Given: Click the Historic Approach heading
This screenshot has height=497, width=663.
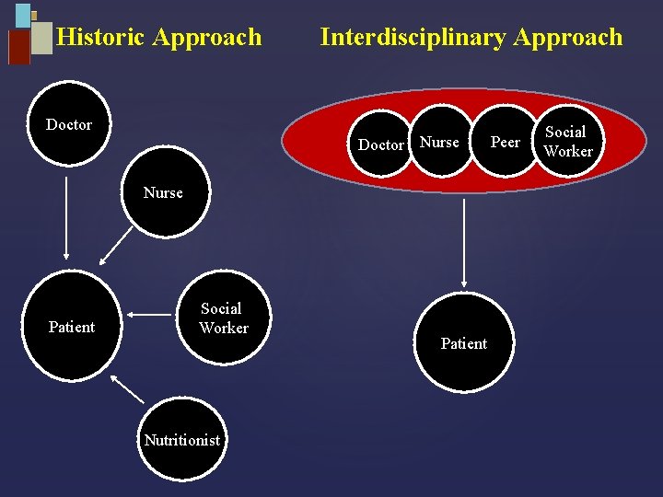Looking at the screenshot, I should pos(159,38).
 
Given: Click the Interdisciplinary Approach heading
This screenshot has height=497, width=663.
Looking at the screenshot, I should pos(471,38).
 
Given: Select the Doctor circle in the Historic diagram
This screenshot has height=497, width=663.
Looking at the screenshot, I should pos(69,124).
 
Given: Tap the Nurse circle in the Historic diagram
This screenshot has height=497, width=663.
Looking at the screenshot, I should pos(163,193).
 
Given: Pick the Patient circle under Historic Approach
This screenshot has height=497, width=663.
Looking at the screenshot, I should pos(72,327).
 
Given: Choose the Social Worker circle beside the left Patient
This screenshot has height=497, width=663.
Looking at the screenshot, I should pos(222,318).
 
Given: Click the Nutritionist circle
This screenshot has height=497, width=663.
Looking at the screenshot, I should pos(182,440).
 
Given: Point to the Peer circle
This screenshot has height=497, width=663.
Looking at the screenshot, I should pos(505,143).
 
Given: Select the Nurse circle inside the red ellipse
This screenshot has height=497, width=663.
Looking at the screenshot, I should pos(439,142).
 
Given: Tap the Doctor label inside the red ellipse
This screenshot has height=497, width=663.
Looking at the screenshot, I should pos(380,144).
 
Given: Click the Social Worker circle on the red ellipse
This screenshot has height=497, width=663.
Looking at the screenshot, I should pos(567,142).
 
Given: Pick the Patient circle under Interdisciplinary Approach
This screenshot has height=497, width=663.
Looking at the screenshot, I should pos(463,343).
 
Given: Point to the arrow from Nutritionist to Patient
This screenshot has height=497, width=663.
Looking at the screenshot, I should pos(127,389).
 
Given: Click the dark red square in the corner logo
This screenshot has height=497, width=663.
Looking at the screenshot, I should pos(18,47).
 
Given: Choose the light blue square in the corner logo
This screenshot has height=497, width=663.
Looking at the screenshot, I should pos(22,16).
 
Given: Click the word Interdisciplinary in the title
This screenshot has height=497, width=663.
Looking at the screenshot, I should pos(413,38).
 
